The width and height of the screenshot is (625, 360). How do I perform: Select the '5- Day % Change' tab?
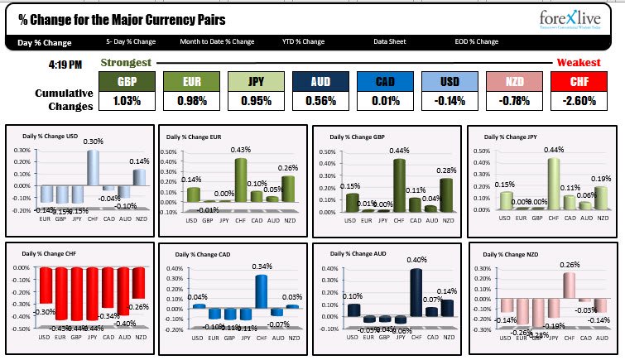(x=131, y=41)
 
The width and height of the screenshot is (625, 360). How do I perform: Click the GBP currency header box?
(x=127, y=82)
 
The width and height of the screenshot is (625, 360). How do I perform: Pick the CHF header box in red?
(x=579, y=82)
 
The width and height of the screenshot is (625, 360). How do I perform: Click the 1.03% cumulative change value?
(x=127, y=101)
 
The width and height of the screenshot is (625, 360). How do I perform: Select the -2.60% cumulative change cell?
(x=579, y=101)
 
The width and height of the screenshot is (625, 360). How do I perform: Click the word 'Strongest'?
(x=126, y=63)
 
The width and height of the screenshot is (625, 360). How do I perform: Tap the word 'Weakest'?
(x=579, y=63)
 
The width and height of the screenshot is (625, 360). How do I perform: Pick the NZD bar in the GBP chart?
(x=446, y=195)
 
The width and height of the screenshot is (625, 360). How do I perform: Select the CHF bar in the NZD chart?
(x=570, y=285)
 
